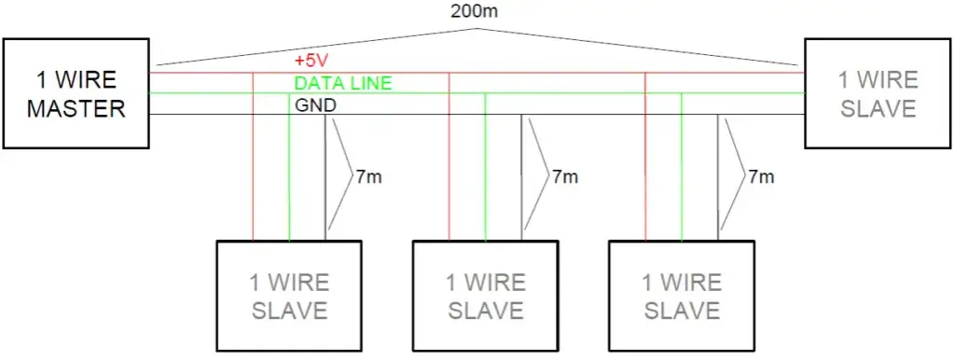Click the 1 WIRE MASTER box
(76, 93)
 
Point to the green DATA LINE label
(342, 83)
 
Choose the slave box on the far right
(878, 93)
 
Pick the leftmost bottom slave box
(289, 296)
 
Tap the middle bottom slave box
(485, 296)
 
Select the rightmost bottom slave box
(681, 296)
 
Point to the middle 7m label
(564, 175)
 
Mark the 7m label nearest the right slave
(760, 175)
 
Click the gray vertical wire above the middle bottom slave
(521, 177)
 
